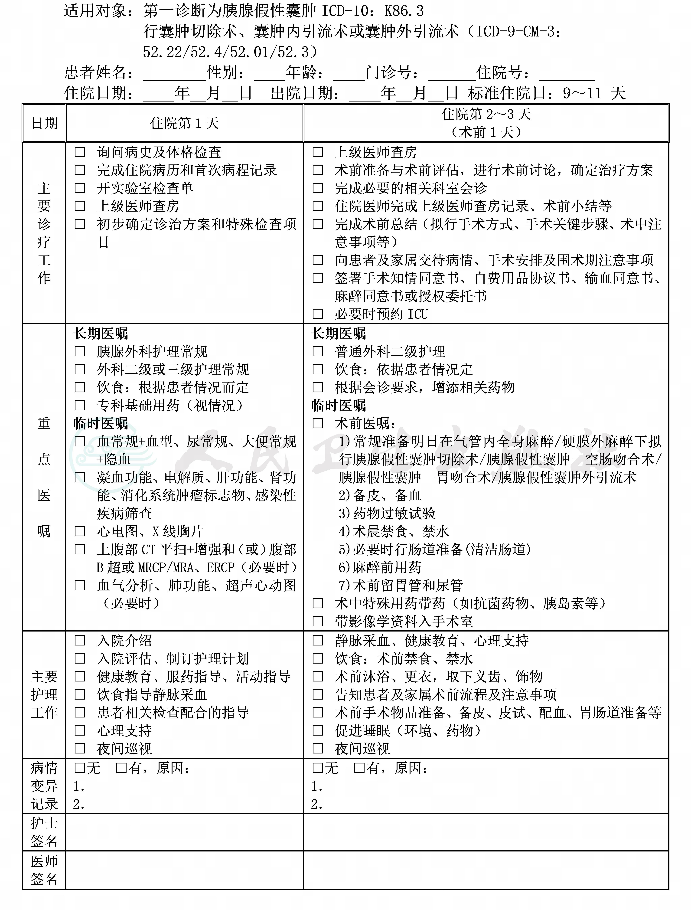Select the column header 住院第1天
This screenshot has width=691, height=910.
[184, 123]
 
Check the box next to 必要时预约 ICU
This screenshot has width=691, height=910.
[318, 314]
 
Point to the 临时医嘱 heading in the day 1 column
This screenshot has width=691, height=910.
[101, 423]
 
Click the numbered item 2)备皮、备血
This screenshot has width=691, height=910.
[380, 495]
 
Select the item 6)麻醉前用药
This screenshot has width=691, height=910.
[380, 568]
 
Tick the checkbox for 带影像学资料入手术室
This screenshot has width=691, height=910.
[318, 622]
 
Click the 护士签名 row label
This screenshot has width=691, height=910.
[44, 832]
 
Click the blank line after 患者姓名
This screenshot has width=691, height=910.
[174, 74]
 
